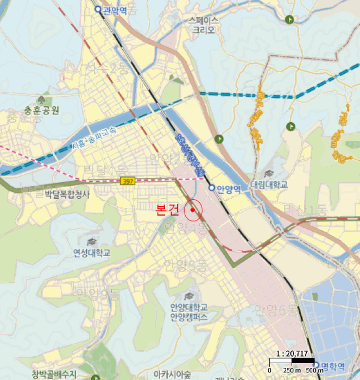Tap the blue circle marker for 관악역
point(98,10)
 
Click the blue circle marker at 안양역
point(212,188)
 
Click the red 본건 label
point(167,210)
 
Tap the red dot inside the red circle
point(193,210)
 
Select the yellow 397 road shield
point(128,181)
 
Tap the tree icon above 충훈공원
point(42,100)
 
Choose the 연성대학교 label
point(92,252)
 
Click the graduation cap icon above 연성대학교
point(91,241)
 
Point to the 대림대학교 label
point(269,185)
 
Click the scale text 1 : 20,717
point(292,354)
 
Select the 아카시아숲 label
point(172,374)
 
